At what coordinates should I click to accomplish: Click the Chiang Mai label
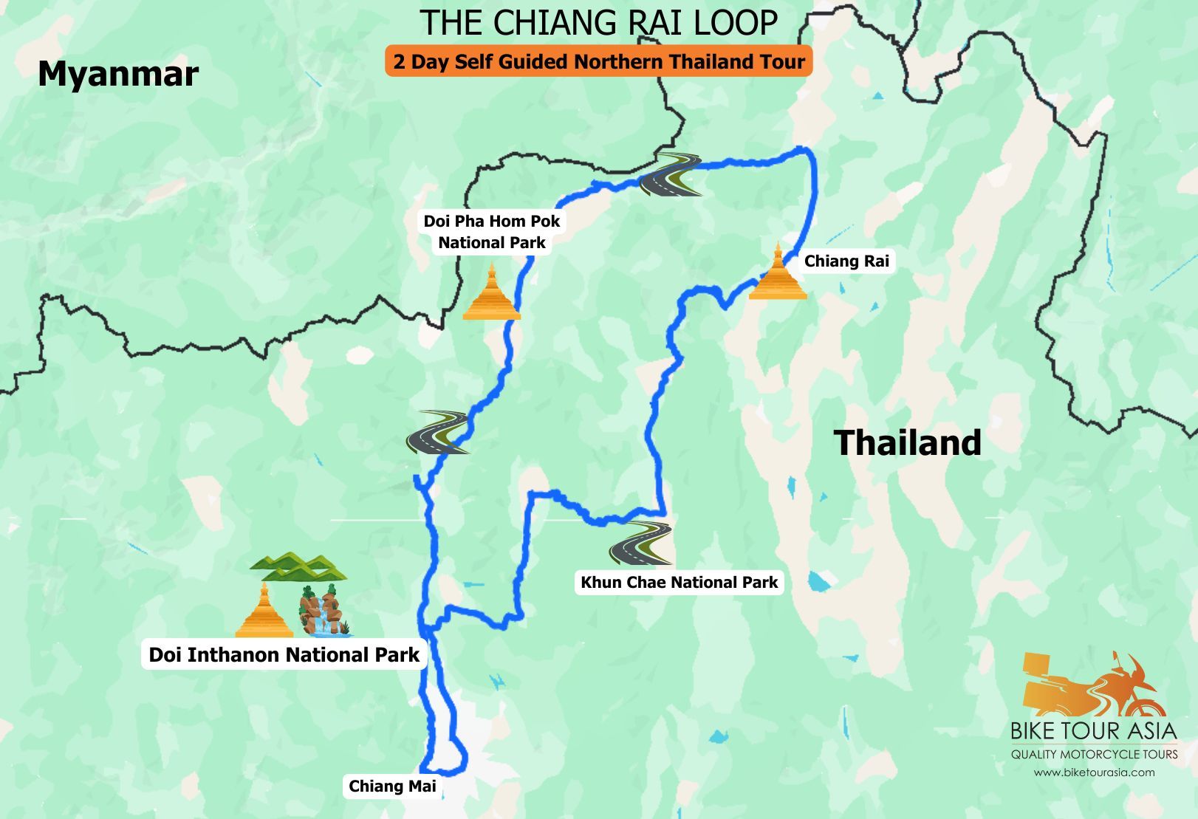(x=392, y=787)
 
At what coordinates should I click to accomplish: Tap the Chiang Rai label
(x=846, y=261)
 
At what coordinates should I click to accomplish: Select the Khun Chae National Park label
(x=679, y=582)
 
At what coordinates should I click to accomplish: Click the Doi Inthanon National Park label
(x=284, y=655)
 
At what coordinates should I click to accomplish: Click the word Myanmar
(x=118, y=74)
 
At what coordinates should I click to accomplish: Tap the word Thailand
(x=908, y=443)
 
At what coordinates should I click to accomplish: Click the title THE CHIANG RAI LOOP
(x=598, y=23)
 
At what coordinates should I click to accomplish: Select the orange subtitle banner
(x=598, y=61)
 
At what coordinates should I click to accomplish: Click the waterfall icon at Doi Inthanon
(x=324, y=611)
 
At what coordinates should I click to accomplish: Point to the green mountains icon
(x=298, y=566)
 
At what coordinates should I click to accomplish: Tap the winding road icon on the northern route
(x=671, y=175)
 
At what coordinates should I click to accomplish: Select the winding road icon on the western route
(x=437, y=432)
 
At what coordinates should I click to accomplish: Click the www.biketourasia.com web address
(x=1094, y=772)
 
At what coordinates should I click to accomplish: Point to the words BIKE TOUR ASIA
(x=1093, y=731)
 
